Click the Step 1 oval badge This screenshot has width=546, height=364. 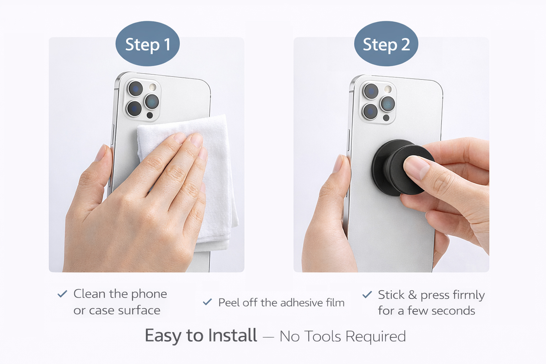(148, 44)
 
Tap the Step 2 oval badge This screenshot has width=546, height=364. (386, 44)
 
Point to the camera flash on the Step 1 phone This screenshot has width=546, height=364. (153, 87)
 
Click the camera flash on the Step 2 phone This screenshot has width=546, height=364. (388, 89)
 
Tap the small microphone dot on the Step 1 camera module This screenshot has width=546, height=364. (150, 115)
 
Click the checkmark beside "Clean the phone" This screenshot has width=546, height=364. (62, 294)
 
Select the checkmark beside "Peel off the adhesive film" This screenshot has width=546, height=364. (207, 302)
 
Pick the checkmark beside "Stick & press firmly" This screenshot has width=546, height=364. (367, 295)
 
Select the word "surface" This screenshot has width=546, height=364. (139, 310)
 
